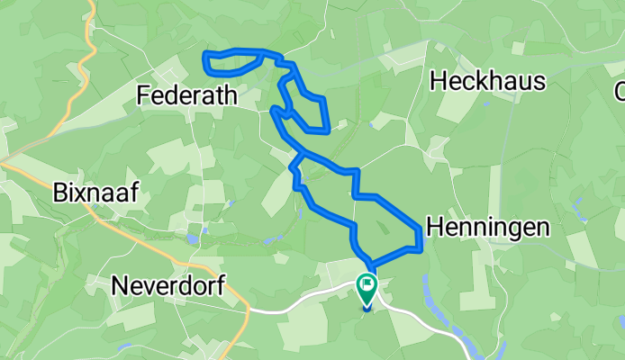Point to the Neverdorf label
pos(168,285)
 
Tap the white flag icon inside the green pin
pos(367,287)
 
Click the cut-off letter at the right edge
pos(620,91)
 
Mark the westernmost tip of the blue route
pos(206,61)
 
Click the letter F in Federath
pos(143,94)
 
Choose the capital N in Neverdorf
pos(119,285)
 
